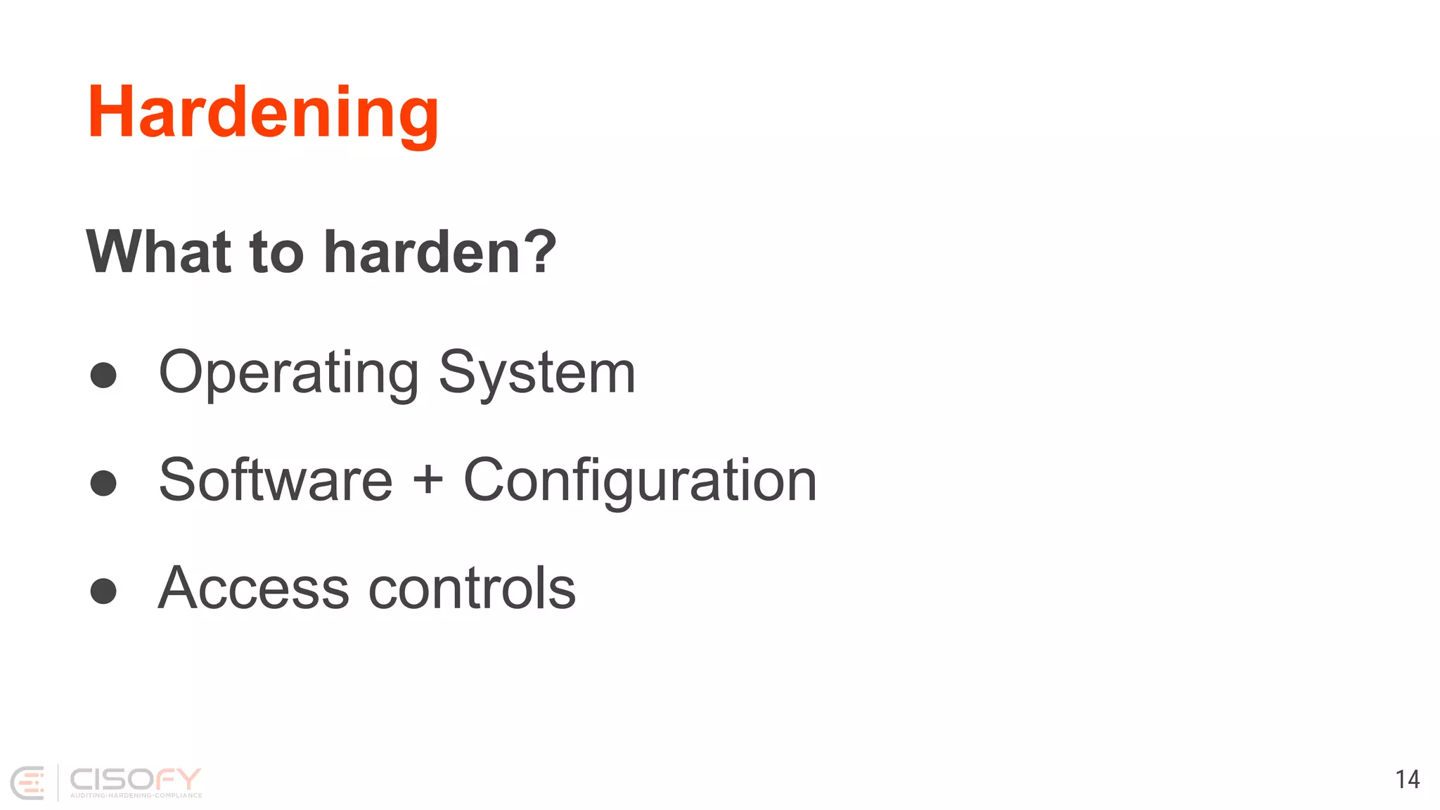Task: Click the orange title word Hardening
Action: coord(263,112)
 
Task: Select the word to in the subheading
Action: coord(276,253)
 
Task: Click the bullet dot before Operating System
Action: coord(103,375)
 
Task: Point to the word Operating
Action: coord(288,373)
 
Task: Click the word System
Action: coord(536,373)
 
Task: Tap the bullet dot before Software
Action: coord(103,482)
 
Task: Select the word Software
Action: coord(276,480)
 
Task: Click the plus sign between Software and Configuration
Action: coord(427,481)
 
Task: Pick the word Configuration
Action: coord(640,481)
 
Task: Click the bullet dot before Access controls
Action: coord(103,591)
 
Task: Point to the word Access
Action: coord(253,588)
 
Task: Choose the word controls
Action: coord(472,588)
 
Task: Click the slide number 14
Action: coord(1408,779)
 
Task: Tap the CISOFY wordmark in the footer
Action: coord(135,778)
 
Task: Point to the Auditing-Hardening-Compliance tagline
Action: coord(136,795)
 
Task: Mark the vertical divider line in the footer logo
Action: coord(58,783)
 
